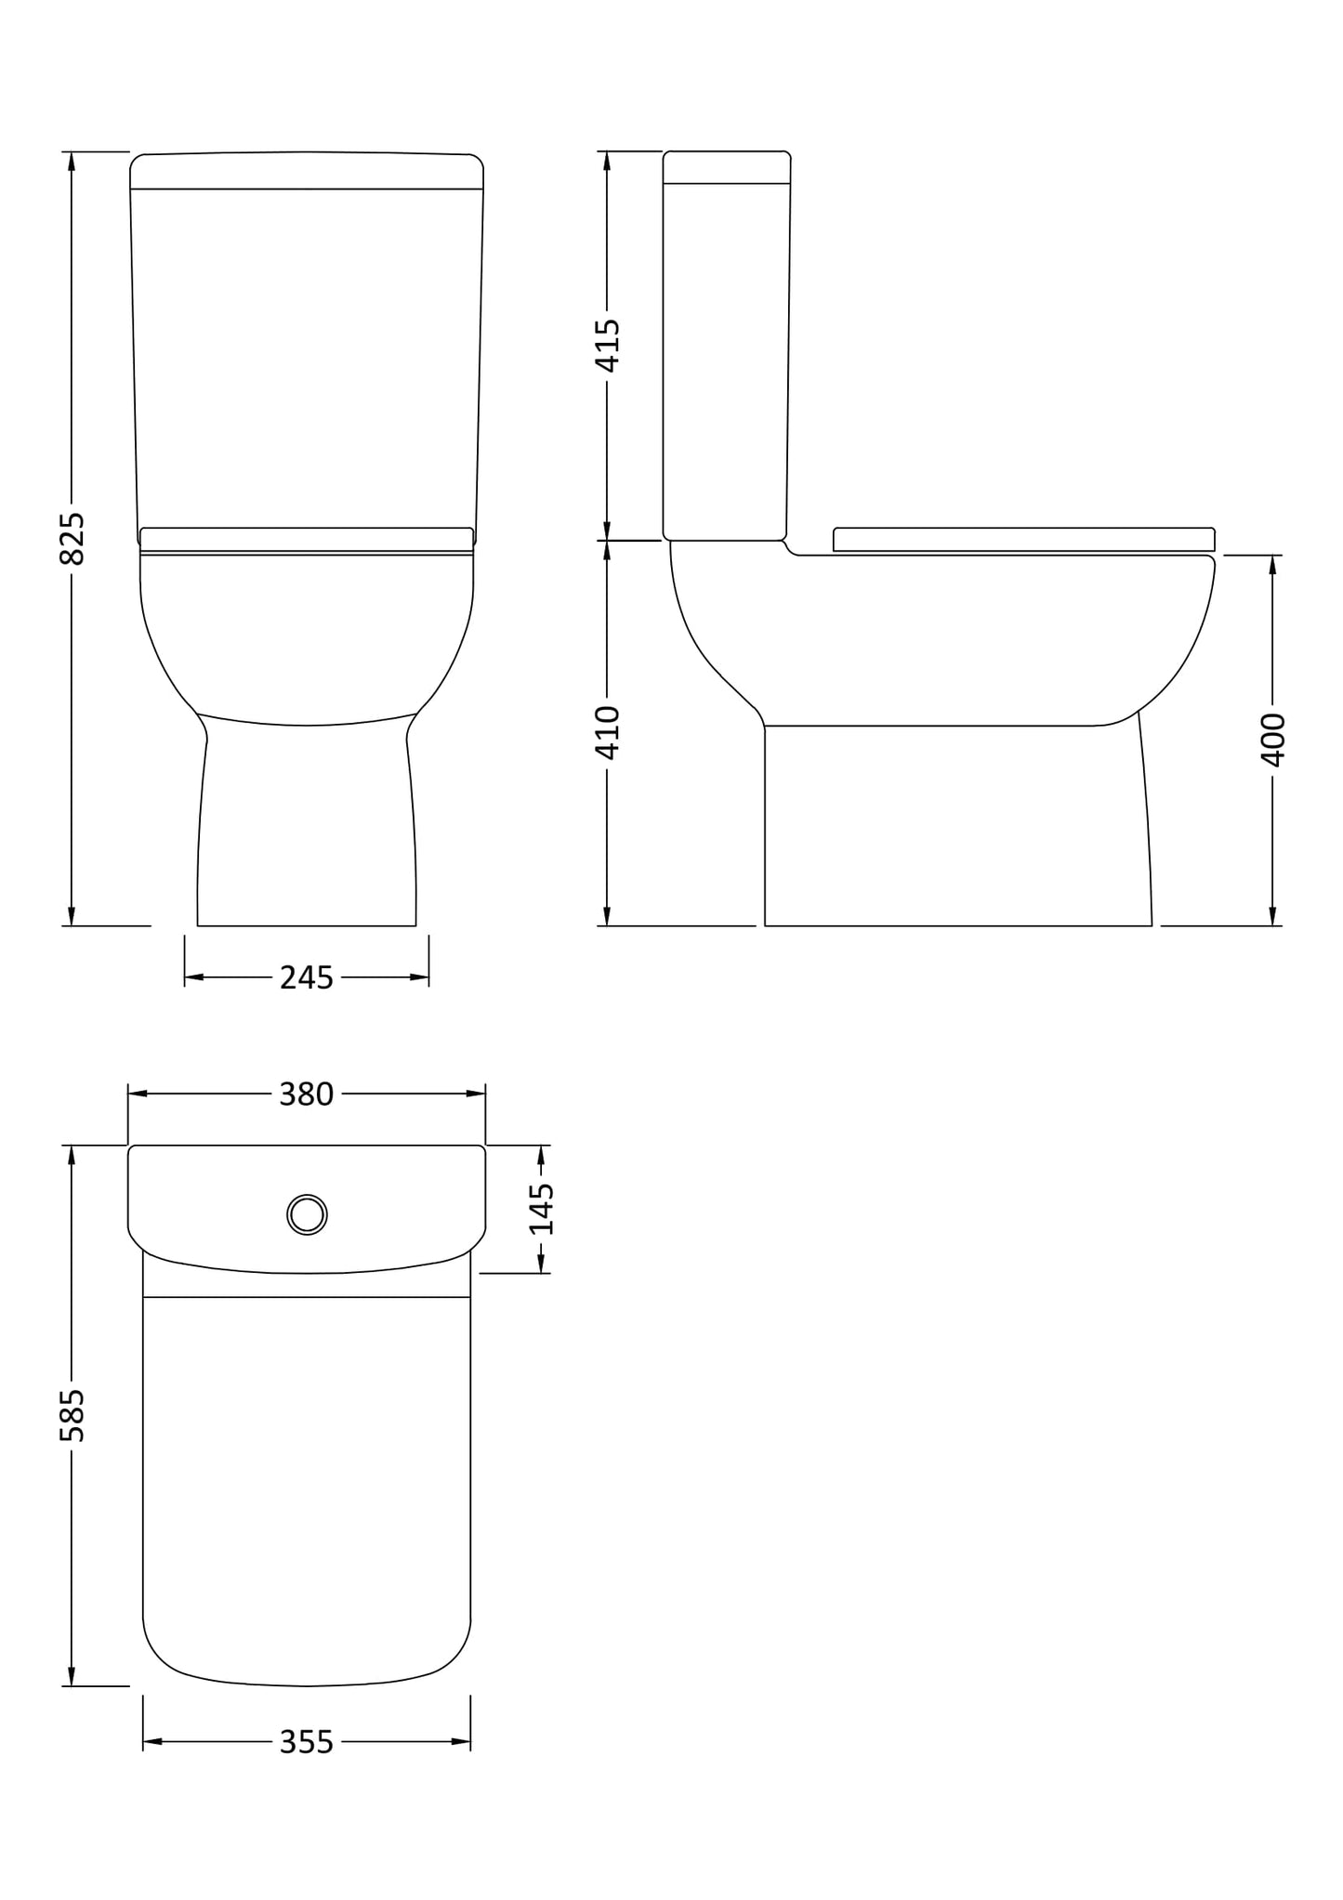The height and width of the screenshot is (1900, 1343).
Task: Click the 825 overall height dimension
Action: point(72,538)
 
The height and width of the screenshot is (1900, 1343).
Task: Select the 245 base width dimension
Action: point(306,977)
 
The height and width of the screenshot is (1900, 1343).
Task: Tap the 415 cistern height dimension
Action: point(607,345)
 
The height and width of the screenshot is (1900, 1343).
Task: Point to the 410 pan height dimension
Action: point(607,732)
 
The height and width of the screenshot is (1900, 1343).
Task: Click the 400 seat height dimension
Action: point(1272,740)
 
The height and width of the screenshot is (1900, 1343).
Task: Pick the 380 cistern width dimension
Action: point(306,1094)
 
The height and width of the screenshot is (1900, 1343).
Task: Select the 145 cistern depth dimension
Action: point(541,1209)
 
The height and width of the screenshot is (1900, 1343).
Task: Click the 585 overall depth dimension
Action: point(72,1416)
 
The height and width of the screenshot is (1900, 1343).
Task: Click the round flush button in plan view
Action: point(307,1214)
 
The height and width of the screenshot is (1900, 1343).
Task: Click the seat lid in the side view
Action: point(1023,539)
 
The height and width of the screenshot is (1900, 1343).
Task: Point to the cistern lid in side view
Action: point(727,167)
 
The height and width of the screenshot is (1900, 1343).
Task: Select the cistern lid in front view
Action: point(307,171)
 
